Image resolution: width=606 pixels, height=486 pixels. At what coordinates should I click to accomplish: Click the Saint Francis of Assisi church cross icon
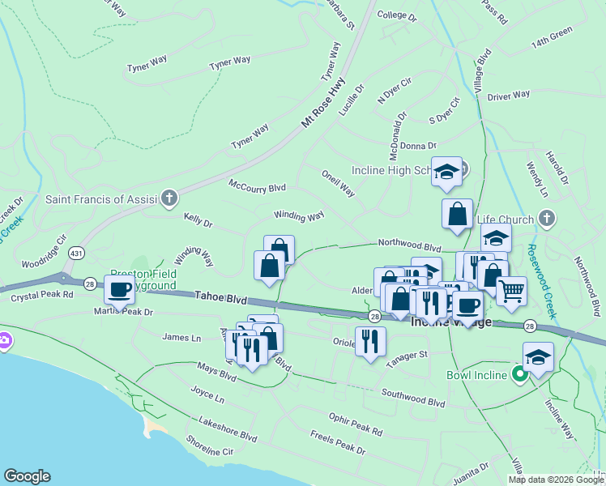(169, 198)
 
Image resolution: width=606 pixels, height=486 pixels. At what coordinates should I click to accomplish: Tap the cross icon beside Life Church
(547, 219)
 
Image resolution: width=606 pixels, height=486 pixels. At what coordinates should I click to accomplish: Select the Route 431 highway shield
(75, 252)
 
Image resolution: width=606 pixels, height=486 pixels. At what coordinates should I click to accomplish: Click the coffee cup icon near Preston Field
(120, 288)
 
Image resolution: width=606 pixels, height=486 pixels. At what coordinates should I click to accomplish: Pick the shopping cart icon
(510, 289)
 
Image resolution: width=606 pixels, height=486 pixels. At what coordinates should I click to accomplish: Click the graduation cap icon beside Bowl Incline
(538, 357)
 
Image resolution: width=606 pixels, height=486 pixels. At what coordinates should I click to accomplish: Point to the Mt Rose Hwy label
(323, 101)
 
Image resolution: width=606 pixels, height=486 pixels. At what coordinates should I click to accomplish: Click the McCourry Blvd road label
(257, 186)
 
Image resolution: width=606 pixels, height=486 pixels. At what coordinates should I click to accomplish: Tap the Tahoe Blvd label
(221, 299)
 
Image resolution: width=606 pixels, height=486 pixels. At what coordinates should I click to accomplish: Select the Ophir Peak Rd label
(355, 422)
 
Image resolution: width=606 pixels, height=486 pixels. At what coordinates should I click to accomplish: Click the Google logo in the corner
(27, 476)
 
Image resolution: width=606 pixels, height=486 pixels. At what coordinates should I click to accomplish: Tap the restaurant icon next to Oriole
(370, 340)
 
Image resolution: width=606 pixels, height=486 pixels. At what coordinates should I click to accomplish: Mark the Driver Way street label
(509, 95)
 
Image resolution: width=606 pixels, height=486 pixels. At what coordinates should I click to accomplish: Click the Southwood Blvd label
(415, 399)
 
